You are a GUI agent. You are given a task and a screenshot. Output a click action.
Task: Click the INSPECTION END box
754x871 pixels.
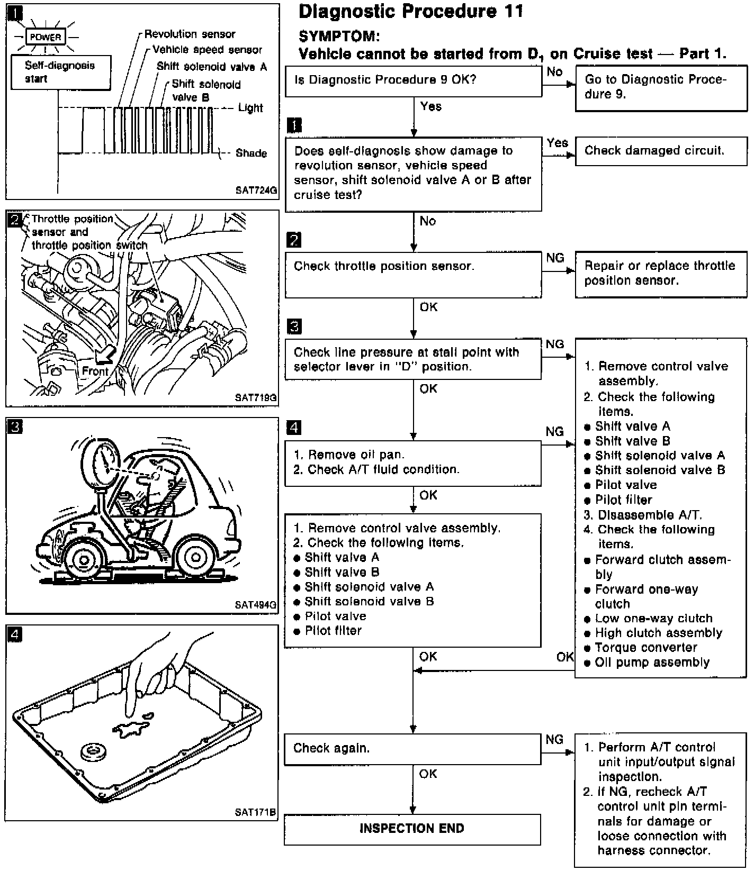click(x=412, y=829)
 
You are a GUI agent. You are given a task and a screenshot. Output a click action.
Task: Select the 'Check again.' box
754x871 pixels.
click(x=412, y=749)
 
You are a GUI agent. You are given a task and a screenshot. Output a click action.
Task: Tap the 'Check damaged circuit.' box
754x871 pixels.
click(x=660, y=151)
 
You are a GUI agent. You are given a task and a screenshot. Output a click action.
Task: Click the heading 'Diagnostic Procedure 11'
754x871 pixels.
click(x=411, y=12)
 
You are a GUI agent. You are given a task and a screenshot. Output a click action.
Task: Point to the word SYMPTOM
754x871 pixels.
click(x=339, y=37)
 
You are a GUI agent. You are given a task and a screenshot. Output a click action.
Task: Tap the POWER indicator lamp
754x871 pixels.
click(x=46, y=37)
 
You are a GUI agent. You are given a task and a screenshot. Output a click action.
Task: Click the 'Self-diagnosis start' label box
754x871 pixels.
click(x=60, y=72)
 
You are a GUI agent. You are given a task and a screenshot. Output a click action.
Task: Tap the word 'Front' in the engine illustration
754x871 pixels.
click(x=95, y=371)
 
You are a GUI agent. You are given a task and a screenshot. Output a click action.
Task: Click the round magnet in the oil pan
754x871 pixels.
click(x=94, y=751)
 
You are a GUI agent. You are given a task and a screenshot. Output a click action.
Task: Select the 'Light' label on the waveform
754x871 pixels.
click(x=250, y=108)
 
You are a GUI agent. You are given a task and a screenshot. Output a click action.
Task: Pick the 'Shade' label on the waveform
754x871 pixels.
click(x=252, y=153)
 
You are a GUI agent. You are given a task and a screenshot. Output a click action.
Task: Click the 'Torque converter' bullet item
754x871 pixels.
click(x=646, y=648)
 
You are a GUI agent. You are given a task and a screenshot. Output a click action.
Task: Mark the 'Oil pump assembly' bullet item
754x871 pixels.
click(x=651, y=663)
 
